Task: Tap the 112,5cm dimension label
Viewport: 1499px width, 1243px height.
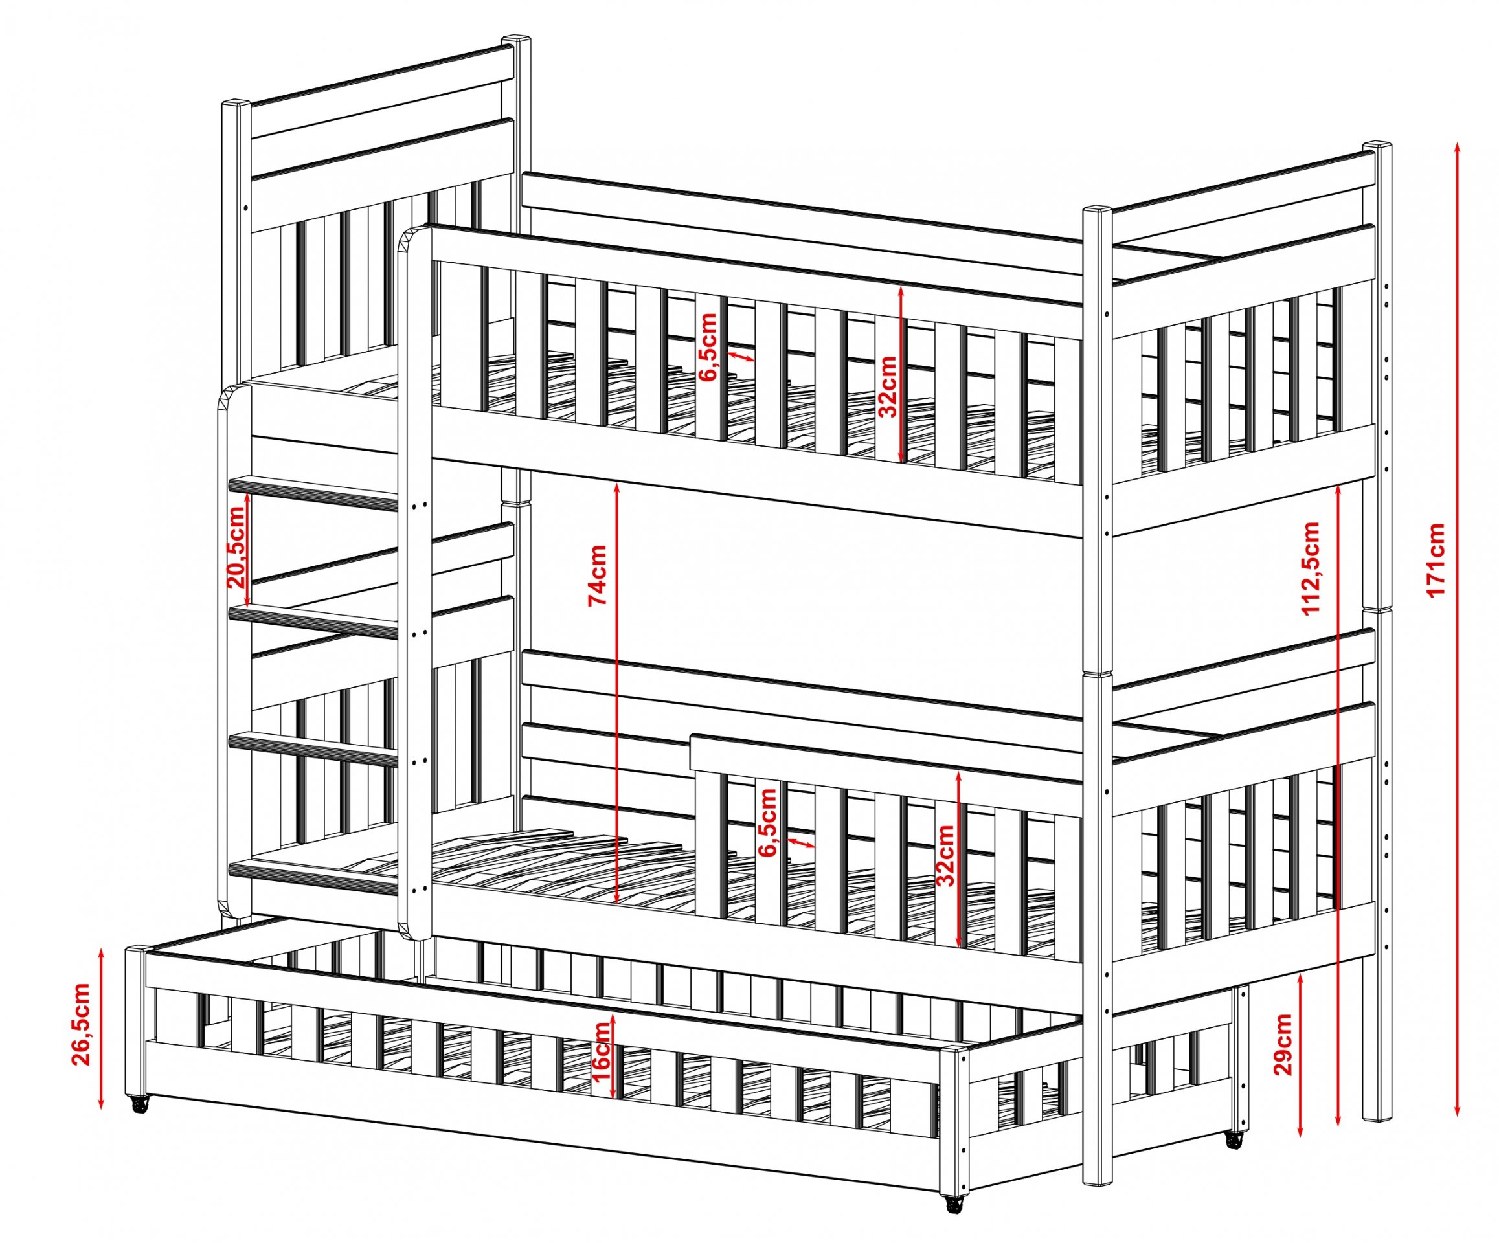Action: point(1311,567)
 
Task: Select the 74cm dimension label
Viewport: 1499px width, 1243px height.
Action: point(598,574)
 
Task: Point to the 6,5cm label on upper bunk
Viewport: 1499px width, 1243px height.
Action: point(709,348)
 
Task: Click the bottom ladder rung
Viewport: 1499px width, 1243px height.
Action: point(313,878)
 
